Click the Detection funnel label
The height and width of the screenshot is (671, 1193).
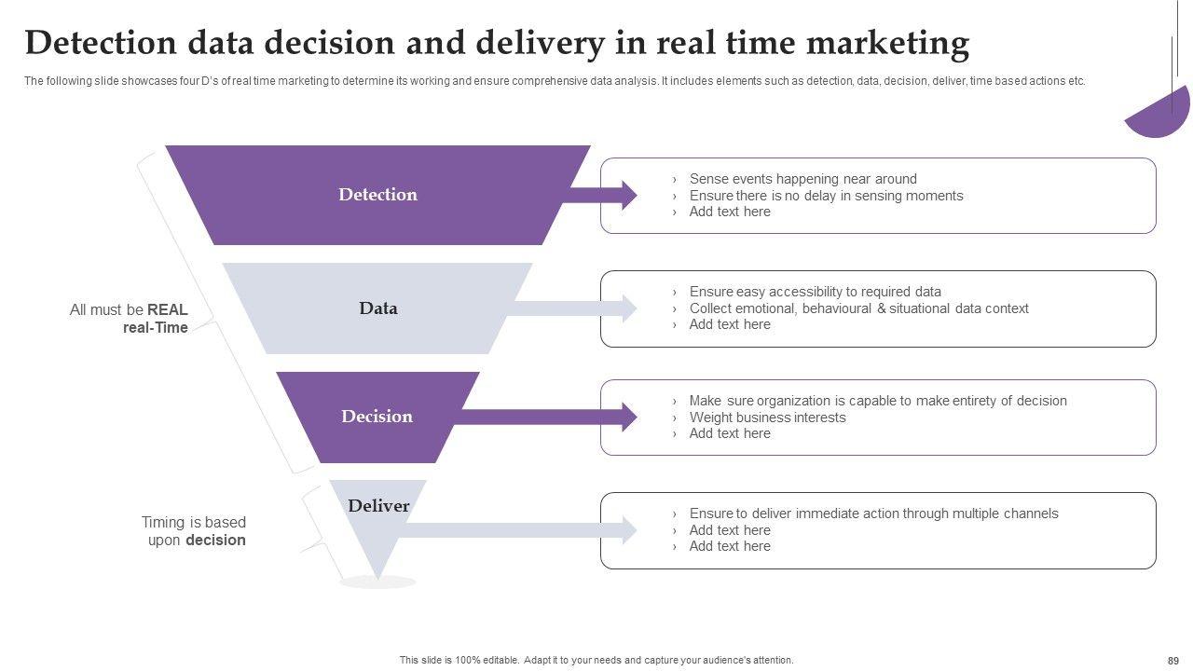click(377, 195)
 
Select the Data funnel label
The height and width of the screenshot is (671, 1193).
click(377, 308)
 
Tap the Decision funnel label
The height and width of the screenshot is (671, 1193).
click(377, 417)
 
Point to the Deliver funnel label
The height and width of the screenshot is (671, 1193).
click(378, 506)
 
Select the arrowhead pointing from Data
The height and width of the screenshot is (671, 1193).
click(627, 308)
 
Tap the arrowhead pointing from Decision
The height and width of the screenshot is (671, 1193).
click(627, 417)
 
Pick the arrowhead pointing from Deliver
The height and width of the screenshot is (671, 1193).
click(627, 530)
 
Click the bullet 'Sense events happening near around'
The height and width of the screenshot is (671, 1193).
click(802, 179)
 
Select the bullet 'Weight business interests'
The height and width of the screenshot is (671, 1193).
click(767, 418)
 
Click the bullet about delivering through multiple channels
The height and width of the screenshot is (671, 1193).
click(873, 514)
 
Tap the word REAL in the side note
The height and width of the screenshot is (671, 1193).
click(168, 310)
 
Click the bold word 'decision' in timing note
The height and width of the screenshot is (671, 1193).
click(215, 541)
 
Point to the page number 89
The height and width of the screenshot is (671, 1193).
click(1172, 661)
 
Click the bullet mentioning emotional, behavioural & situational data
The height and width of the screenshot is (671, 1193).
click(858, 308)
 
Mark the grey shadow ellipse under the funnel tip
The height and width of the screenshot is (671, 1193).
click(377, 582)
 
